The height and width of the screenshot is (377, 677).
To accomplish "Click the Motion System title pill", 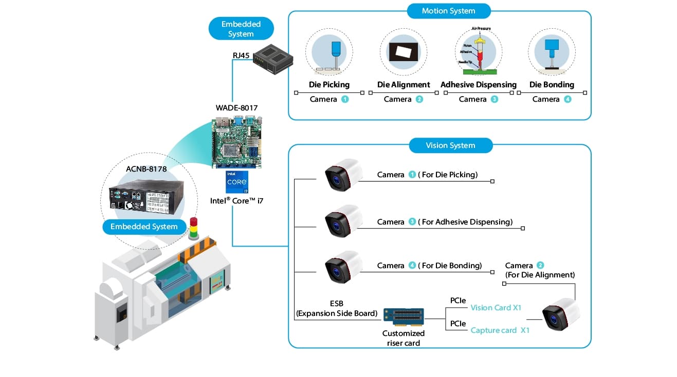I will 448,11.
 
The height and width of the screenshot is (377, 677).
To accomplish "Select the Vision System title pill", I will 450,145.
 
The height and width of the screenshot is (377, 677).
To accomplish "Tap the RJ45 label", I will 241,55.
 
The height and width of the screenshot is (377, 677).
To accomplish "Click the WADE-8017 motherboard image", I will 236,142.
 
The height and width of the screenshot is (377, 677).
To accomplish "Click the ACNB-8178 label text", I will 146,169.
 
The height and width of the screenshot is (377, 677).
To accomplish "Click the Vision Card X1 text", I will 496,308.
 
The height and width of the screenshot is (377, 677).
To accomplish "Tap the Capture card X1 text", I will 500,330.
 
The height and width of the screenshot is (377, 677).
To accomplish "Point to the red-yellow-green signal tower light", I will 194,228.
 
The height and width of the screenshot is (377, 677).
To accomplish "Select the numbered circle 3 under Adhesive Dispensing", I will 495,99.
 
